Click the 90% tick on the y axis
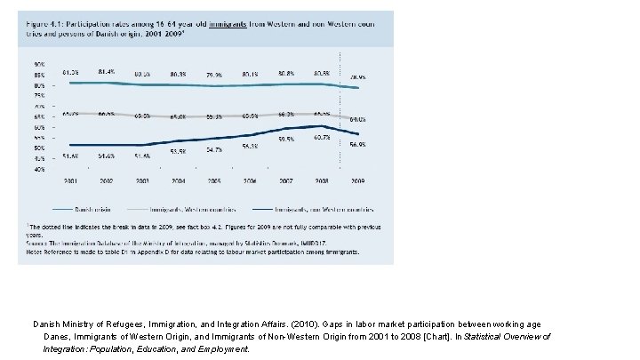[x=40, y=65]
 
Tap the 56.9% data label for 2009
[x=356, y=144]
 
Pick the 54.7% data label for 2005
[x=214, y=150]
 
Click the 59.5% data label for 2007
[x=286, y=140]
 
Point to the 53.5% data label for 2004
[x=178, y=152]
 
